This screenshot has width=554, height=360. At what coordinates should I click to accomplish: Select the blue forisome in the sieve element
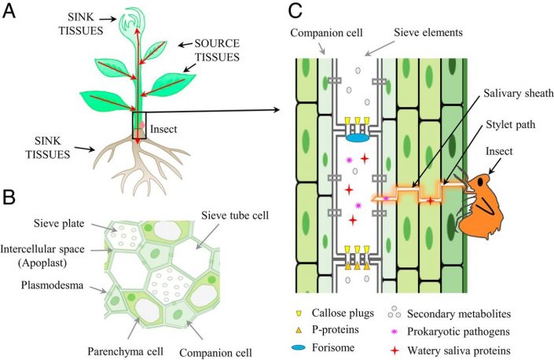(358, 138)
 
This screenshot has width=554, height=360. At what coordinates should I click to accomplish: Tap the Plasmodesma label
(48, 273)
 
